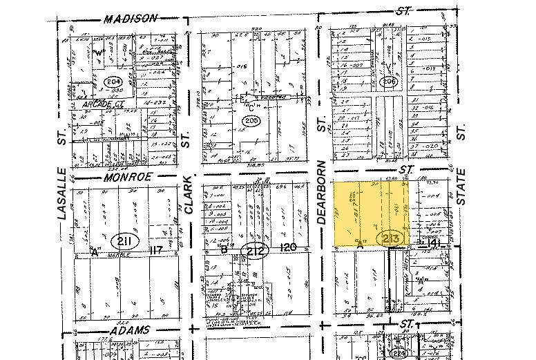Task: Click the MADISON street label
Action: pos(131,19)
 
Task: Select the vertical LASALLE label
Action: pos(62,193)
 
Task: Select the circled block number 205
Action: pos(249,121)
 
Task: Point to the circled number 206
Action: pos(391,82)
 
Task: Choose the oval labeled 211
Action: pos(125,240)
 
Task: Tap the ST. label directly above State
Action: pos(461,131)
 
